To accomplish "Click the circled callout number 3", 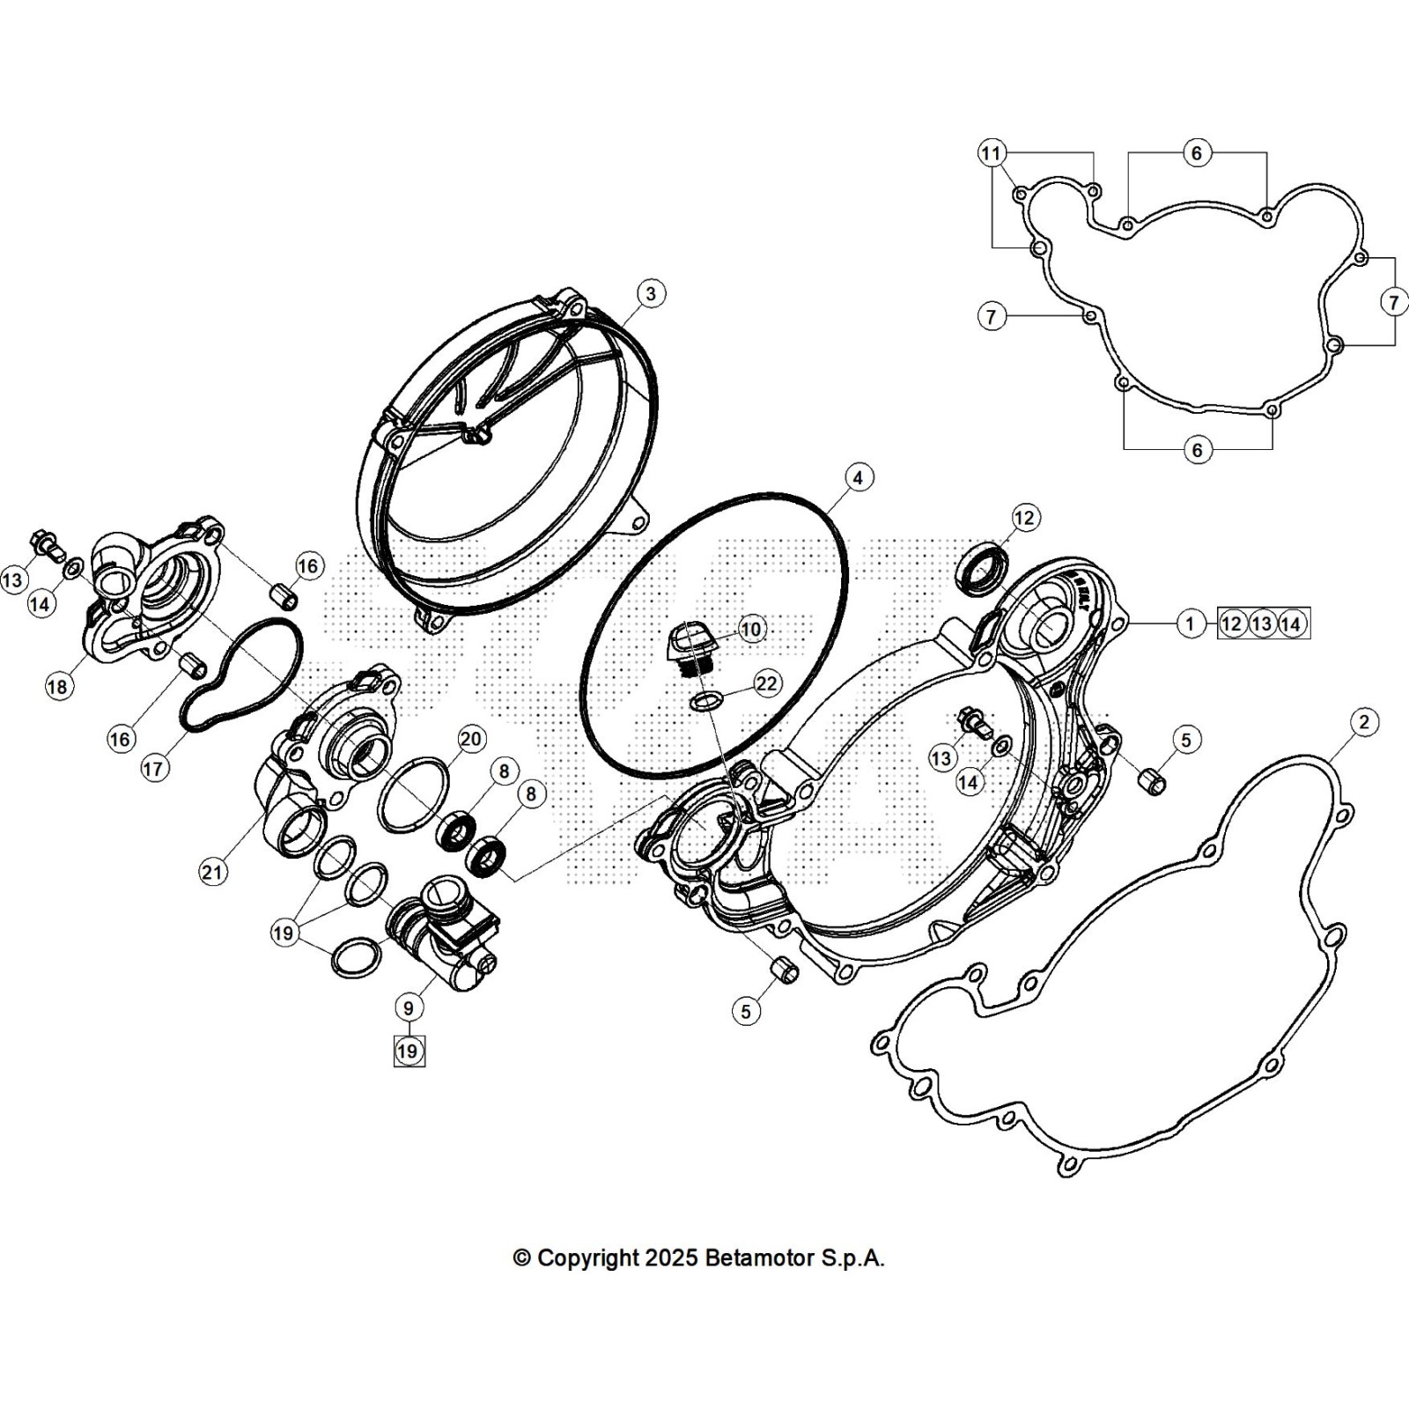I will pyautogui.click(x=650, y=293).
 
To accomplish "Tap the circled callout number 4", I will pyautogui.click(x=858, y=477).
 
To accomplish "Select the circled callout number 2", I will pyautogui.click(x=1364, y=723).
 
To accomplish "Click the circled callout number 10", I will pyautogui.click(x=751, y=629).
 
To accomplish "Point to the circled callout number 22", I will pyautogui.click(x=767, y=683).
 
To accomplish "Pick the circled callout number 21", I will pyautogui.click(x=212, y=872).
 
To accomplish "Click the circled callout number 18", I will pyautogui.click(x=58, y=686).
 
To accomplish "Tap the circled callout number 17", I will pyautogui.click(x=153, y=768).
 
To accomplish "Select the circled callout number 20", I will pyautogui.click(x=472, y=739).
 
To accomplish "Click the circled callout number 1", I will pyautogui.click(x=1190, y=623).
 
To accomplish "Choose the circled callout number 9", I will pyautogui.click(x=409, y=1007).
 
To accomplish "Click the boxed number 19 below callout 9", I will pyautogui.click(x=409, y=1051).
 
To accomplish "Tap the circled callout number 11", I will pyautogui.click(x=992, y=153).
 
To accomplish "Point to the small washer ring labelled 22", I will pyautogui.click(x=707, y=701).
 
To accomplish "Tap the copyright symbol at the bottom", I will pyautogui.click(x=521, y=1258).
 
